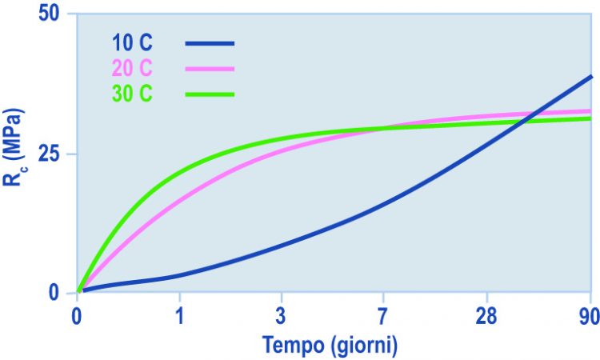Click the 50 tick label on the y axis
point(50,14)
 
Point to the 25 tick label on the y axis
point(50,154)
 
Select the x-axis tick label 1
point(179,316)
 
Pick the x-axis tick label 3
point(282,316)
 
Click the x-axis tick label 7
point(382,316)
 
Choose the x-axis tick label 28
point(486,316)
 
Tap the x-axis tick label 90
point(590,316)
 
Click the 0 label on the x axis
point(77,316)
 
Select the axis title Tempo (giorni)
point(330,345)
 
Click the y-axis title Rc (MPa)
point(13,147)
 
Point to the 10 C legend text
point(132,42)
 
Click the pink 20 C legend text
point(132,68)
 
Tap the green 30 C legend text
point(132,94)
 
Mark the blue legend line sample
point(210,44)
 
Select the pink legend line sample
point(210,69)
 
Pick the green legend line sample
point(210,94)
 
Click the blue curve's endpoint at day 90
point(591,77)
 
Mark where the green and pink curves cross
point(385,128)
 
